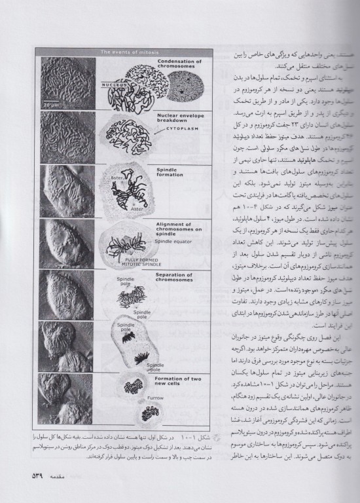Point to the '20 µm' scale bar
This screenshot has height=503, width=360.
pyautogui.click(x=52, y=103)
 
